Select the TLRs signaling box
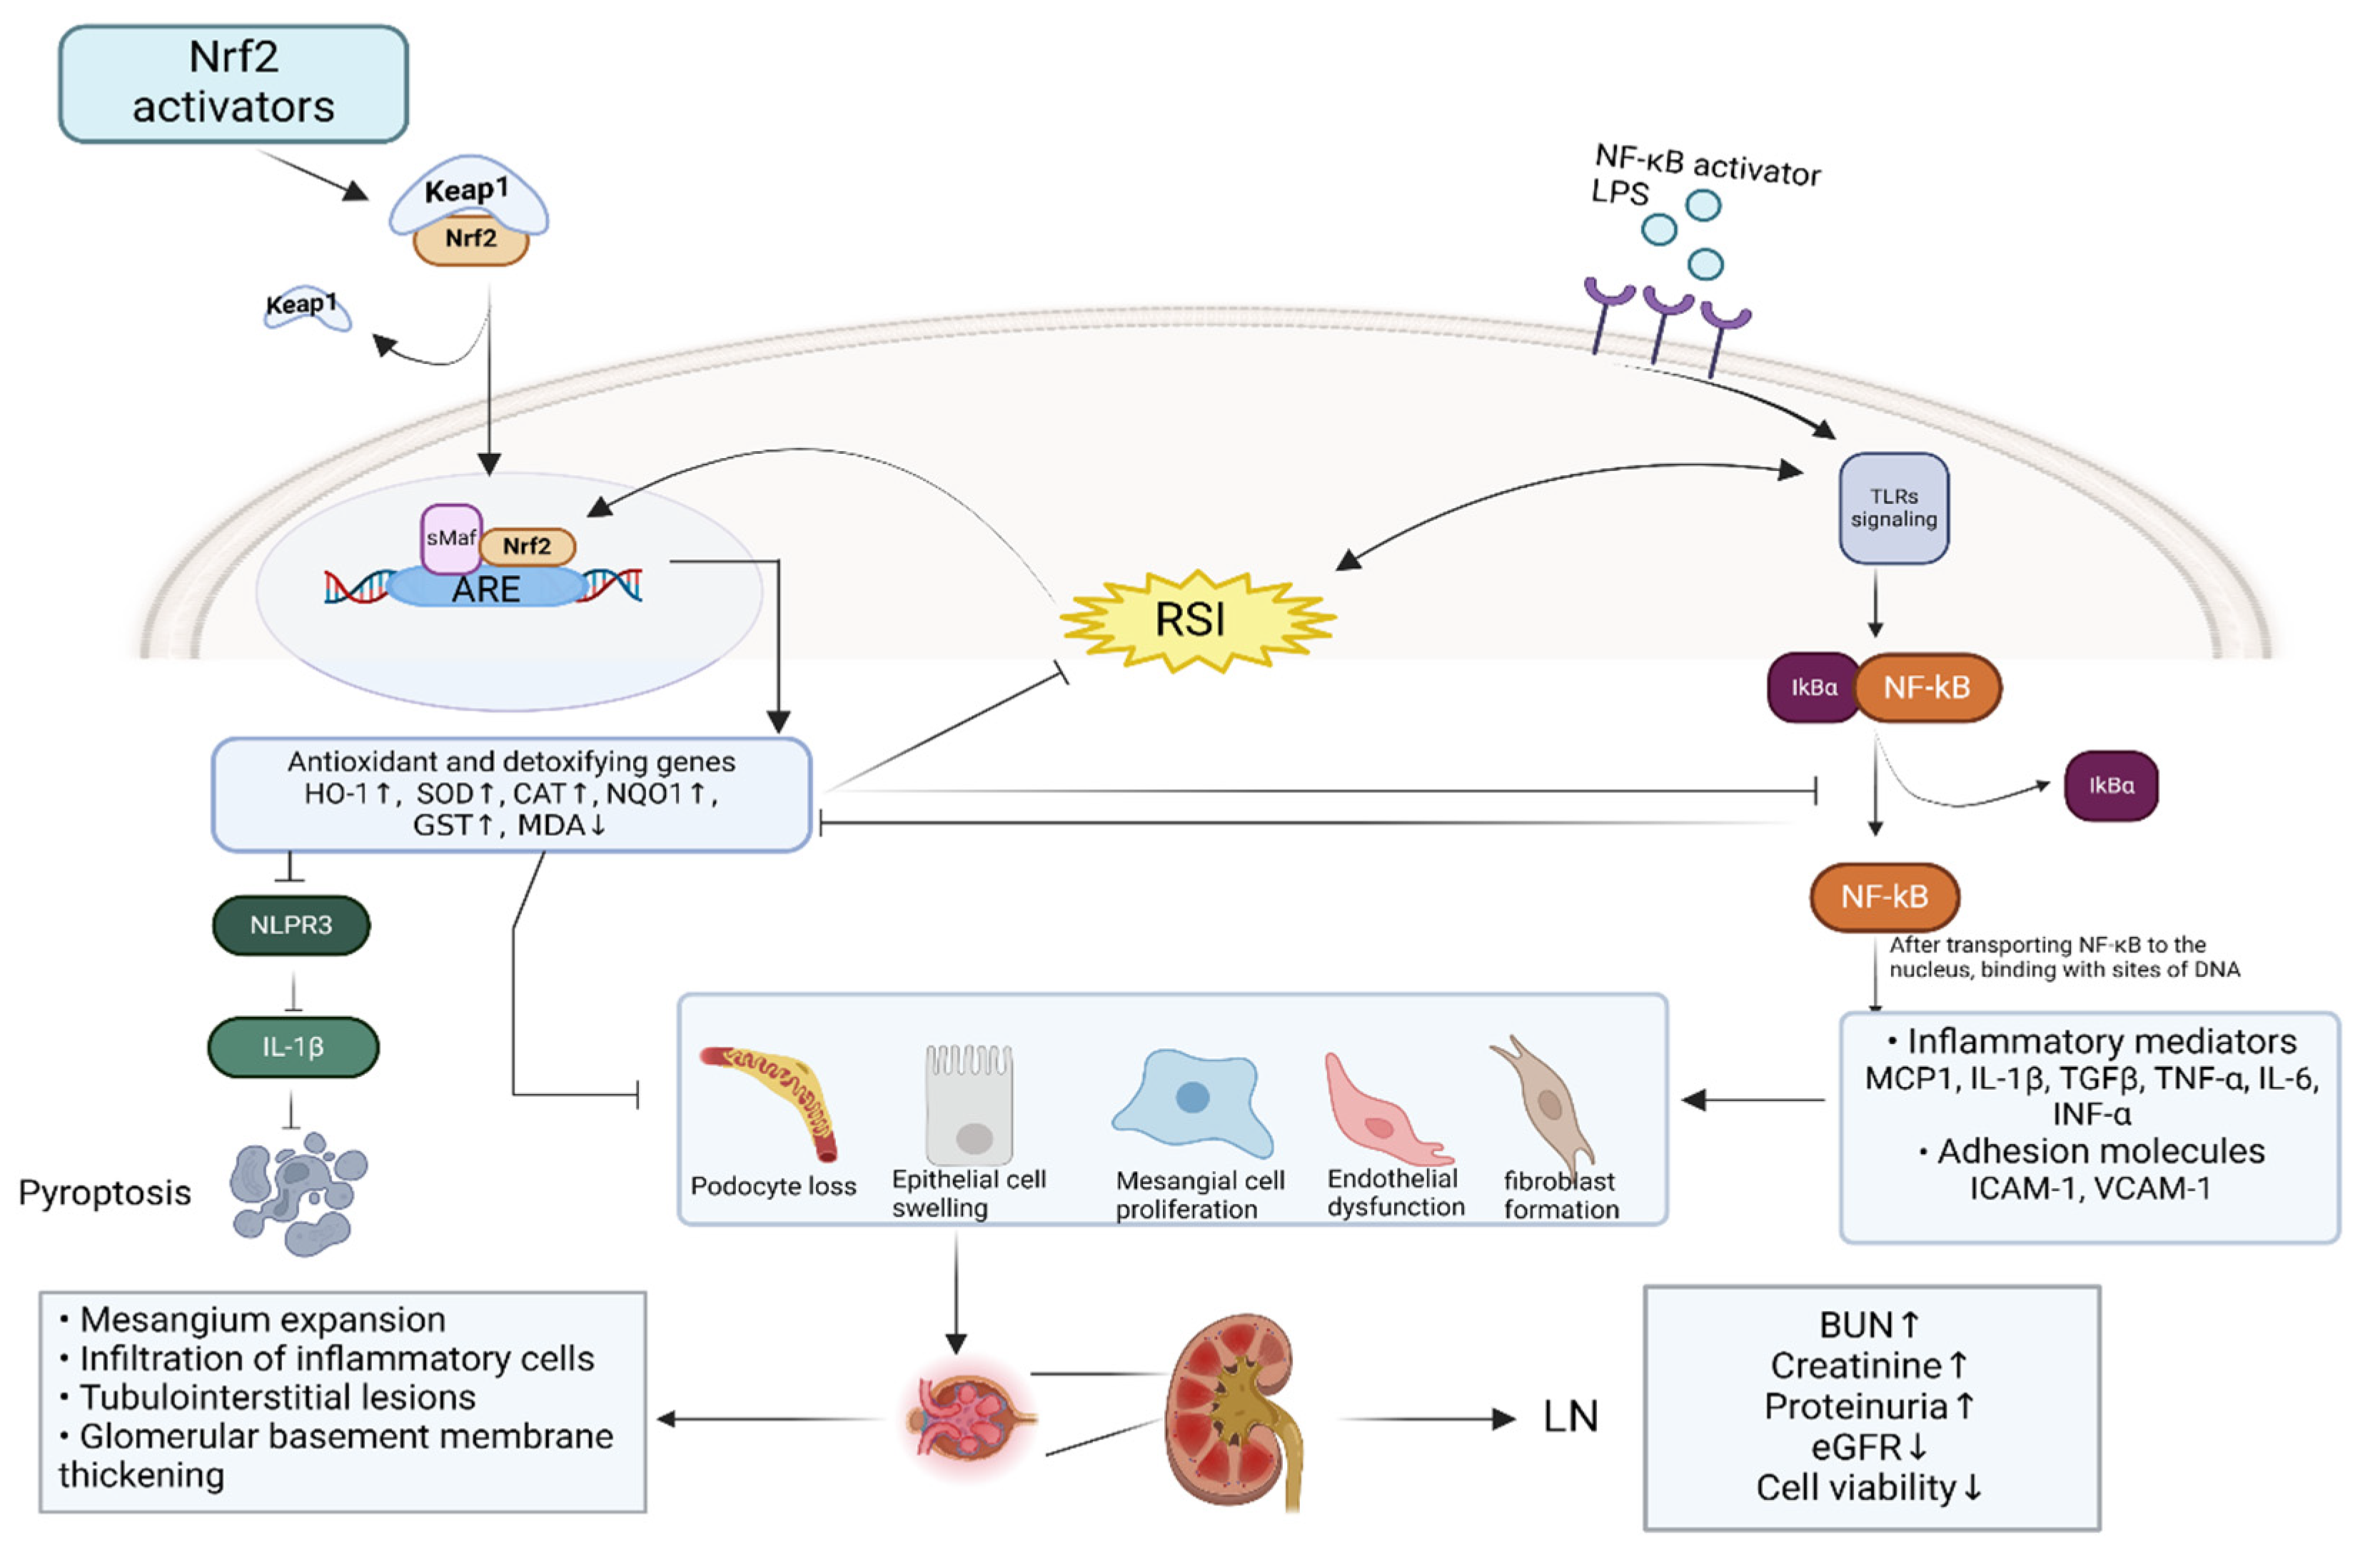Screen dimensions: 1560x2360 tap(1892, 508)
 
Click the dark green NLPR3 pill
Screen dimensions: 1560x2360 tap(291, 926)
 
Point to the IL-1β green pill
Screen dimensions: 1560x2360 tap(293, 1047)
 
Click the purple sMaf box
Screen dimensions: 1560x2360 tap(450, 538)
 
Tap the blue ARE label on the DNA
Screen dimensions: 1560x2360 tap(485, 589)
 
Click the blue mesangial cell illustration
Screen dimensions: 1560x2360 tap(1192, 1103)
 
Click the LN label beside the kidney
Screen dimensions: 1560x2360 tap(1569, 1417)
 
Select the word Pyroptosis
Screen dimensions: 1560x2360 tap(104, 1192)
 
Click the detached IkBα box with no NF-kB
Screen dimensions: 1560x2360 tap(2110, 786)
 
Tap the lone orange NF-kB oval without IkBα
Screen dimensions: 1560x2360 tap(1883, 896)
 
